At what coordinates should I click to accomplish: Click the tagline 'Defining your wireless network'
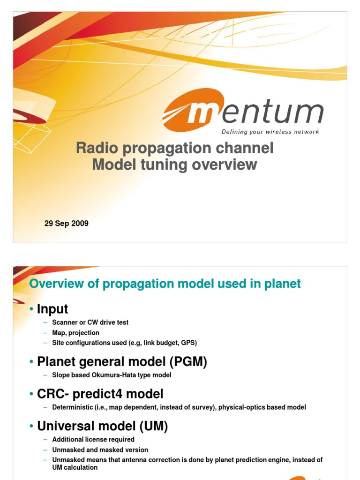pos(270,132)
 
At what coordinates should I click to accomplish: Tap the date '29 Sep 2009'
pos(66,224)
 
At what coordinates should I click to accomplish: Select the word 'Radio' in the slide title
pos(96,149)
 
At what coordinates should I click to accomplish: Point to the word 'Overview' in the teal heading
pos(55,284)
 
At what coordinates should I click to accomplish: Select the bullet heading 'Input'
pos(52,309)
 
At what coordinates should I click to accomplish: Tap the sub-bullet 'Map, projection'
pos(75,333)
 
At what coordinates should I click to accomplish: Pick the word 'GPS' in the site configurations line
pos(187,343)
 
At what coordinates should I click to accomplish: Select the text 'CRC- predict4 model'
pos(100,394)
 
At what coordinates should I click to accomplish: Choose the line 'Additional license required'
pos(93,440)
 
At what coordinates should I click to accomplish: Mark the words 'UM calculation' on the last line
pos(75,467)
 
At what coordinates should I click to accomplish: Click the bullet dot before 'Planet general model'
pos(31,362)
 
